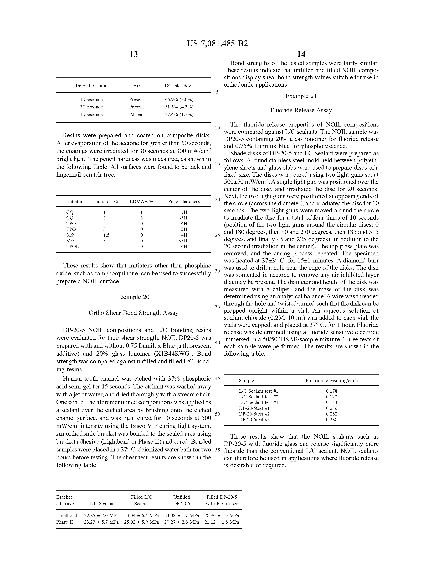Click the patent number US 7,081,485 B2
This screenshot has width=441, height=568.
[x=217, y=43]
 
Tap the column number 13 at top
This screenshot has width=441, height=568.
[x=134, y=54]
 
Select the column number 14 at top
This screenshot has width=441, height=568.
[x=301, y=54]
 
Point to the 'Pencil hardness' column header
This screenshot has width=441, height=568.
[x=184, y=202]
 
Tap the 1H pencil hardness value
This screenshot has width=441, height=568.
[x=184, y=212]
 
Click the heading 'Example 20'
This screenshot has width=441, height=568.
[x=134, y=297]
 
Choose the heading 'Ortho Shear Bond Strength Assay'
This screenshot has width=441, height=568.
[x=134, y=313]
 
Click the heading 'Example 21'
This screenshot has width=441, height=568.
[x=301, y=96]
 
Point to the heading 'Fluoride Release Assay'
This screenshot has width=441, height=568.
[x=301, y=110]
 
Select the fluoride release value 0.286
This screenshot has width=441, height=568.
[x=331, y=408]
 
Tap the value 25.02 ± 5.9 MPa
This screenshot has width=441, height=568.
[x=141, y=522]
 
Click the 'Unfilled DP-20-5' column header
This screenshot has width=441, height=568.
[x=181, y=500]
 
